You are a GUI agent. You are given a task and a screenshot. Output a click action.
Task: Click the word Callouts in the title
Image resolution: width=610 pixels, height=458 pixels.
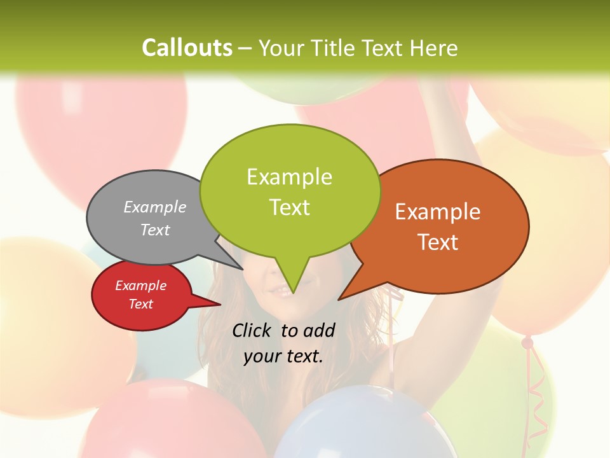tap(187, 48)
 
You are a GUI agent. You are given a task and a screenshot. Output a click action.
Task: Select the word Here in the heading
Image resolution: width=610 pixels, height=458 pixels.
tap(434, 48)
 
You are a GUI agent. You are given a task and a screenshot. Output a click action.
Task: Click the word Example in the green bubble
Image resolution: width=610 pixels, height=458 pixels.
tap(289, 177)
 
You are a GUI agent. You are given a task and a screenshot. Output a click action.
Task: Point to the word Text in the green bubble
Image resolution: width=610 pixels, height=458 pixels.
tap(289, 207)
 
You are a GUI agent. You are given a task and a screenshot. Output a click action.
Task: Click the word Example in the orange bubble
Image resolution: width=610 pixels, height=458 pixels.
tap(438, 212)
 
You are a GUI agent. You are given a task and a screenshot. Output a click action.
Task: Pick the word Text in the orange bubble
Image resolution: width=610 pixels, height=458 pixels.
tap(438, 242)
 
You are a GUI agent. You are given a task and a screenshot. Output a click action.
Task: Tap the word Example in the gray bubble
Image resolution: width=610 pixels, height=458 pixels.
tap(155, 207)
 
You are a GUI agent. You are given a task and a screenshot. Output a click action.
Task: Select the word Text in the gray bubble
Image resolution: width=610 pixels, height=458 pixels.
tap(155, 230)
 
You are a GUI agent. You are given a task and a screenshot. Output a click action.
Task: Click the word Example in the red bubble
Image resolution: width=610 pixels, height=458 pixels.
tap(140, 286)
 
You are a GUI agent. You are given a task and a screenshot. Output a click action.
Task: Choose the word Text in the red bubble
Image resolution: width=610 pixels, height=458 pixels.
tap(140, 304)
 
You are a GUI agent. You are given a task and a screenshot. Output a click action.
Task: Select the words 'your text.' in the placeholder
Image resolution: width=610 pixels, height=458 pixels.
tap(283, 356)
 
